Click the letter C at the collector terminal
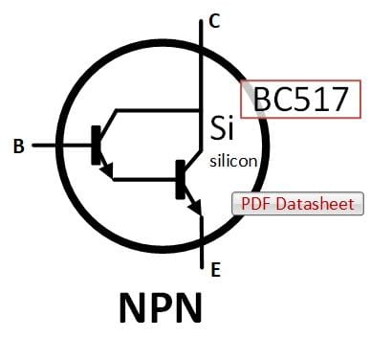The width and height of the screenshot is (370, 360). click(214, 21)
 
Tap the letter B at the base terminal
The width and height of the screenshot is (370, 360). click(19, 146)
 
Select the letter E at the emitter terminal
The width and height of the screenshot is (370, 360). click(216, 270)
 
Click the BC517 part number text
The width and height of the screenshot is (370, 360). click(300, 99)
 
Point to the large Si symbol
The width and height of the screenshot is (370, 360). click(222, 128)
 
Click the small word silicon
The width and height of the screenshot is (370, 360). click(233, 161)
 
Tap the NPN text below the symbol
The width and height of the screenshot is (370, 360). click(161, 307)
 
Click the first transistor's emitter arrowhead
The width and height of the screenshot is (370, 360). click(107, 170)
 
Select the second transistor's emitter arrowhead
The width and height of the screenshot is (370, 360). click(195, 207)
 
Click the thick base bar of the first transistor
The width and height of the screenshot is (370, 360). click(96, 146)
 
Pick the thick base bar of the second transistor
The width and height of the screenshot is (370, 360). click(181, 180)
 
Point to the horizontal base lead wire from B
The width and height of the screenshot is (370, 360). click(62, 146)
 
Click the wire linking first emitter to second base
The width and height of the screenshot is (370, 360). click(144, 179)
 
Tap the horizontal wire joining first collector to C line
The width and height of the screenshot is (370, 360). click(158, 110)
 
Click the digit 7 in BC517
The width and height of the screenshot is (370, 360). click(337, 100)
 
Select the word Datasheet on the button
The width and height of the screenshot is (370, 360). click(315, 204)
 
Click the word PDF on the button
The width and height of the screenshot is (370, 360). click(256, 204)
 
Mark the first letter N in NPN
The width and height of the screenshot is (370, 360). click(133, 307)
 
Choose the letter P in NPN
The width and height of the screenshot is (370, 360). click(162, 307)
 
